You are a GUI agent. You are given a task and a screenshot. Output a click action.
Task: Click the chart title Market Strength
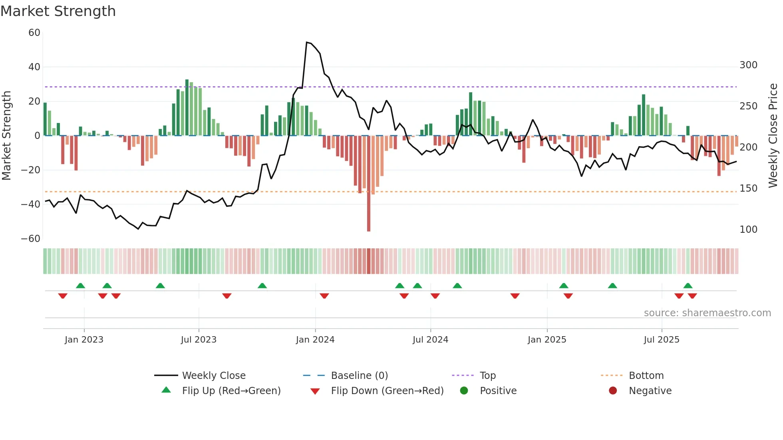click(x=58, y=11)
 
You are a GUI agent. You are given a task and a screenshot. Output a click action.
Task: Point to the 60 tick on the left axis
click(x=34, y=33)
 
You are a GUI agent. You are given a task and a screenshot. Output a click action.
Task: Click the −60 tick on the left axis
click(x=31, y=239)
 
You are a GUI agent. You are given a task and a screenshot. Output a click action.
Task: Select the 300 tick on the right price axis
click(x=748, y=65)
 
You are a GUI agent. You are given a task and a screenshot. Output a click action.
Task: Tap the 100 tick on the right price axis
click(x=748, y=230)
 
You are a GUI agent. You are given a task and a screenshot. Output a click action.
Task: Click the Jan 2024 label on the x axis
click(x=315, y=340)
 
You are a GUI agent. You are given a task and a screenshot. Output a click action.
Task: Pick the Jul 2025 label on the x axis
click(x=662, y=340)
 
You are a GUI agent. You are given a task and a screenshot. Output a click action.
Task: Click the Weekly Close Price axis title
click(x=773, y=136)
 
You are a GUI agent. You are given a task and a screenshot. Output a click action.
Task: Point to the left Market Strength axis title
click(x=6, y=136)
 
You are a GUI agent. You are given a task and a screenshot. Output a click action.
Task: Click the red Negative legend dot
click(x=613, y=391)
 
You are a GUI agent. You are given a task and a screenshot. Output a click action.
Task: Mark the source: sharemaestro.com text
click(x=707, y=313)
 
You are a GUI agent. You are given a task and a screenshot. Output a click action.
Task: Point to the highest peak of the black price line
click(x=307, y=42)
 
